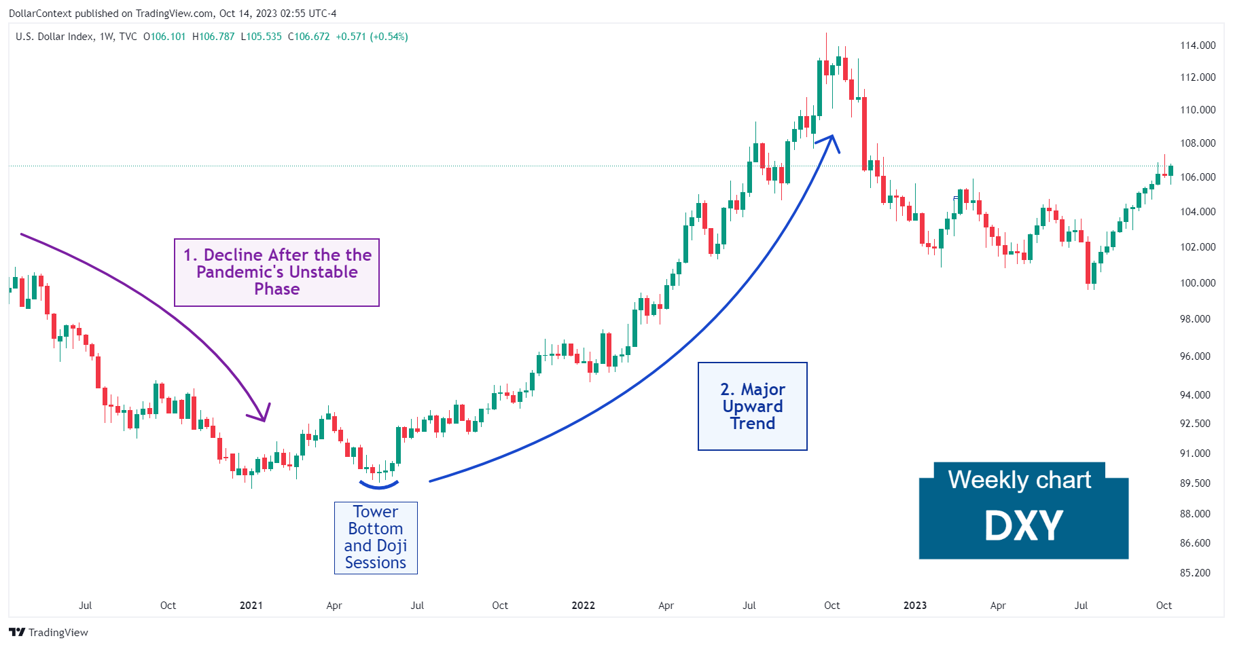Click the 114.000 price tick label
tap(1197, 45)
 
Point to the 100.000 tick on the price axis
tap(1197, 282)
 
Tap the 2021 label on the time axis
tap(251, 606)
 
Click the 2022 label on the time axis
tap(583, 606)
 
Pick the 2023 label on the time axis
tap(914, 606)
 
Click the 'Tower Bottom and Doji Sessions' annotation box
tap(376, 538)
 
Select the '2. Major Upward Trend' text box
tap(752, 406)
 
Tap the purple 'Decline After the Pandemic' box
tap(276, 272)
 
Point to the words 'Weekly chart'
tap(1019, 480)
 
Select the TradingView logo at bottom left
tap(48, 632)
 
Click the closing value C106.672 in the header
tap(308, 37)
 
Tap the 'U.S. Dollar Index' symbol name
tap(54, 37)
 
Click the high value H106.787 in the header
tap(213, 37)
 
